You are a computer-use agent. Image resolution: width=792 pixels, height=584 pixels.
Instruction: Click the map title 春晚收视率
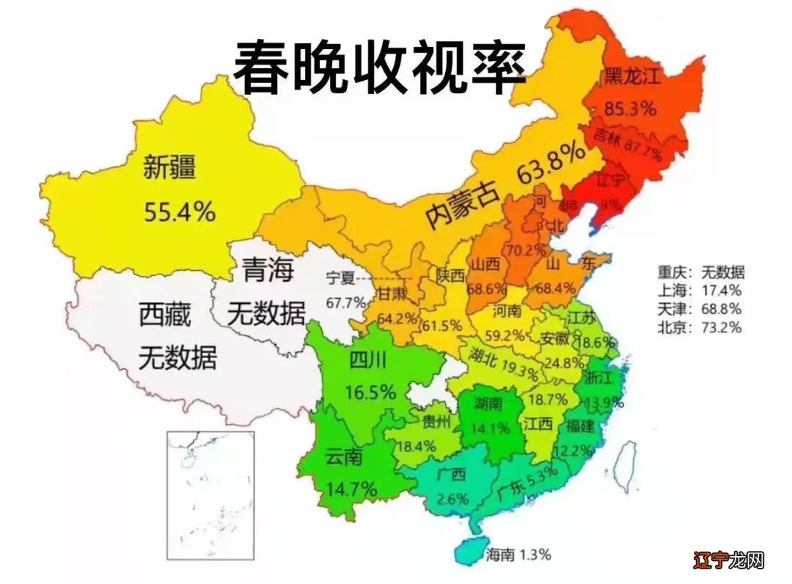pos(380,67)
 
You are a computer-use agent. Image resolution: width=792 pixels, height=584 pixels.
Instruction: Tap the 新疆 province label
pos(169,168)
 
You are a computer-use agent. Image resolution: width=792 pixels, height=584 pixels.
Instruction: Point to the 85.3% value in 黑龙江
pos(630,109)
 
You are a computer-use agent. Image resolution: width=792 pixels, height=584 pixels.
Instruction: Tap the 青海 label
pos(267,271)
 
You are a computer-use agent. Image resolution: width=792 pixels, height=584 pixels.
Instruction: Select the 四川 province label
pos(368,360)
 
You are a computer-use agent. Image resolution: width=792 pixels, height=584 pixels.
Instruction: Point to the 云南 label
pos(344,457)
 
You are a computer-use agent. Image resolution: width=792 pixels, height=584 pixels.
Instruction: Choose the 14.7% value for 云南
pos(352,487)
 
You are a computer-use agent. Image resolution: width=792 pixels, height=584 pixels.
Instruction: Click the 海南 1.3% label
pos(518,554)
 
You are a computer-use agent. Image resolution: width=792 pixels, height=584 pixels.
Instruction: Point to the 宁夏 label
pos(340,277)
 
